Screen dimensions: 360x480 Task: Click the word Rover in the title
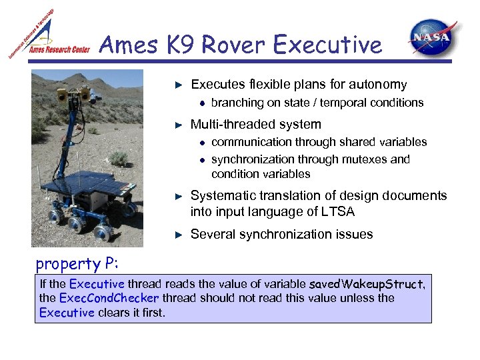pos(234,45)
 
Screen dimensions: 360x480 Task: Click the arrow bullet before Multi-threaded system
pos(178,125)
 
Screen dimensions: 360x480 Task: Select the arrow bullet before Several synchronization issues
pos(178,235)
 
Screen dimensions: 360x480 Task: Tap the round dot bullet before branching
pos(201,103)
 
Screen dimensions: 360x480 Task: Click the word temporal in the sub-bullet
pos(330,103)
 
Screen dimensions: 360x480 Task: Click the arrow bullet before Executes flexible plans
pos(178,85)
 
